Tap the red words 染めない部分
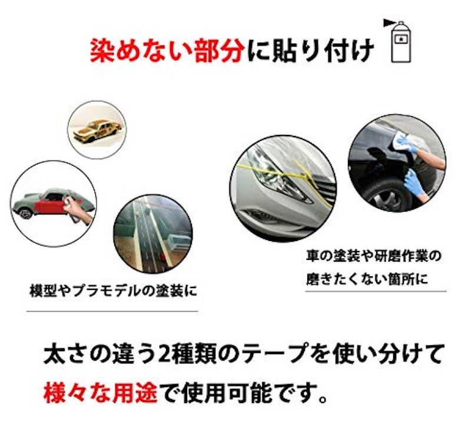167,51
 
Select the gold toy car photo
97,130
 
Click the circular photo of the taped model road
152,233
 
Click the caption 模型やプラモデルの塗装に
112,290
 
